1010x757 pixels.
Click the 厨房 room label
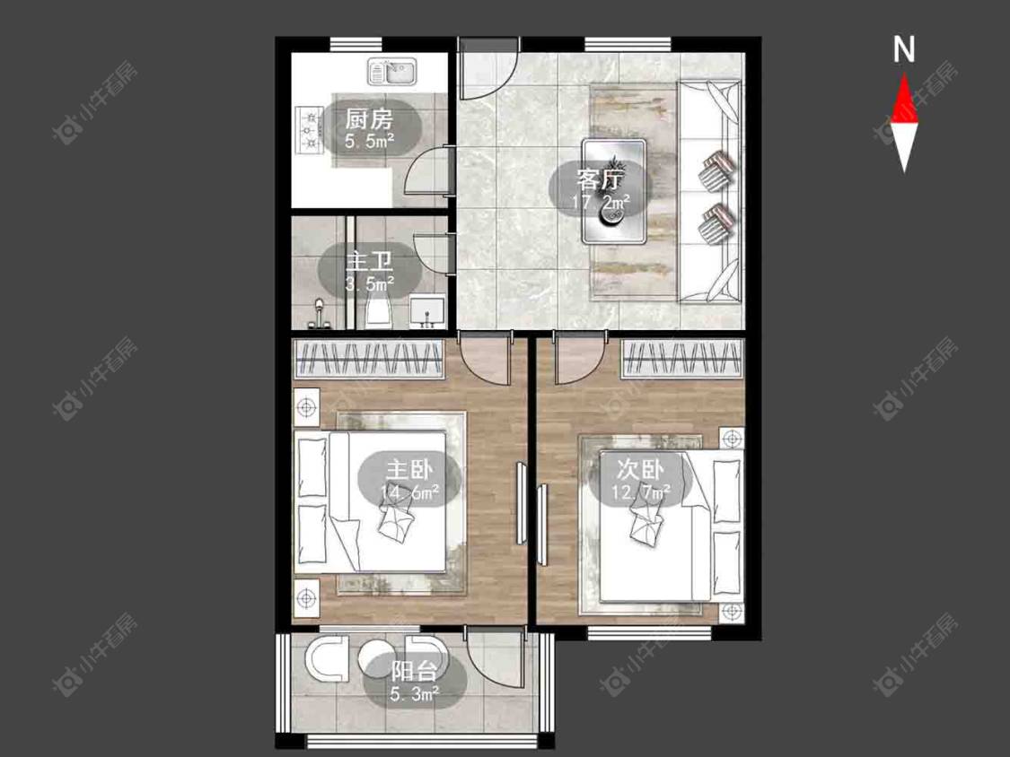(x=368, y=119)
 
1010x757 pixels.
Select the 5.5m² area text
(x=369, y=141)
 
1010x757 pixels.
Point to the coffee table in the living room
(x=614, y=191)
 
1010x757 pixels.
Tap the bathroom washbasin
(x=427, y=311)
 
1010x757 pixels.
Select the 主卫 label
(x=369, y=262)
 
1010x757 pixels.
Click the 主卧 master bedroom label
(x=409, y=469)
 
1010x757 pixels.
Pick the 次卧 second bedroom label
(x=639, y=469)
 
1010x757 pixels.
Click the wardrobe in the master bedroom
(x=369, y=359)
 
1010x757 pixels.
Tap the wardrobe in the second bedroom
(x=683, y=359)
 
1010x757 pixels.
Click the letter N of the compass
(x=904, y=49)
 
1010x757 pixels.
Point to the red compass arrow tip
(x=904, y=74)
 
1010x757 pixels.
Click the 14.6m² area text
(x=409, y=492)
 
